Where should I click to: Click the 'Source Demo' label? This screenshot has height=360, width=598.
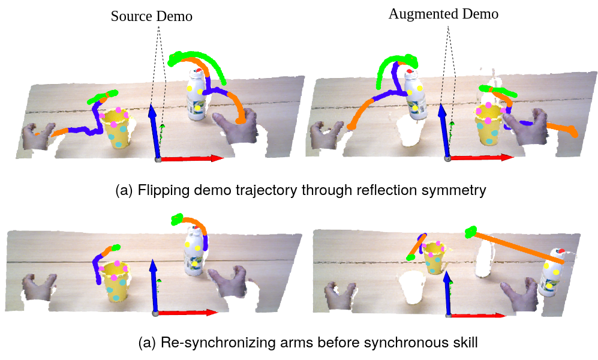pyautogui.click(x=151, y=16)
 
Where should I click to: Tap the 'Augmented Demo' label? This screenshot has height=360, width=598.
pyautogui.click(x=443, y=14)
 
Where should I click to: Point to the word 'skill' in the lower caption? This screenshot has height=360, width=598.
pyautogui.click(x=464, y=343)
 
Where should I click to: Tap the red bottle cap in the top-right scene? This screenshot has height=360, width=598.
pyautogui.click(x=410, y=71)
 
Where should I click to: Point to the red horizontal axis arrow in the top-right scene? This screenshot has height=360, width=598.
pyautogui.click(x=483, y=158)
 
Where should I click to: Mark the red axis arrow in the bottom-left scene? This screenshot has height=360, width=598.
pyautogui.click(x=187, y=313)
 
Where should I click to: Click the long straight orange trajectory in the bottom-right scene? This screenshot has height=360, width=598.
pyautogui.click(x=516, y=246)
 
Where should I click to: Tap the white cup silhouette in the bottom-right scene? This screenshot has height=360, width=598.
pyautogui.click(x=411, y=287)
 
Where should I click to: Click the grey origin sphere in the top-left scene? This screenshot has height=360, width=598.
pyautogui.click(x=158, y=159)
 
